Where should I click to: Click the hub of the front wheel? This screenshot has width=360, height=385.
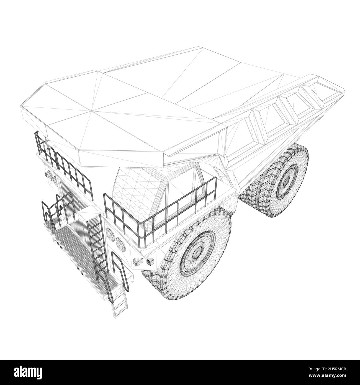tap(198, 251)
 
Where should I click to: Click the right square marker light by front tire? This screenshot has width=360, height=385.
tap(150, 261)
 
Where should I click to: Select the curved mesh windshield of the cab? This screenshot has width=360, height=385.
tap(130, 188)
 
